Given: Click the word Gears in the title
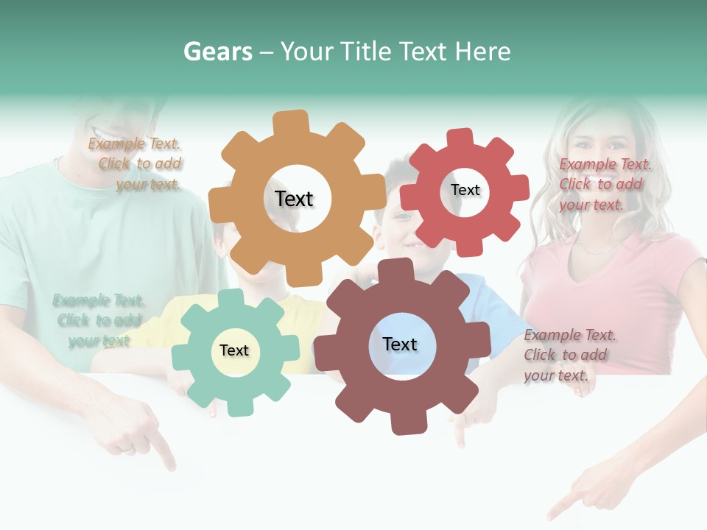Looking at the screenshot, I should click(218, 52).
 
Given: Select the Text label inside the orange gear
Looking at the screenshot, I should click(294, 199).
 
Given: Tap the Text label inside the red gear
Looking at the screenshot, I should click(465, 190).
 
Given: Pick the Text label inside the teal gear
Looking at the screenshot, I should click(234, 350).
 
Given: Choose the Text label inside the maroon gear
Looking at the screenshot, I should click(400, 344).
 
